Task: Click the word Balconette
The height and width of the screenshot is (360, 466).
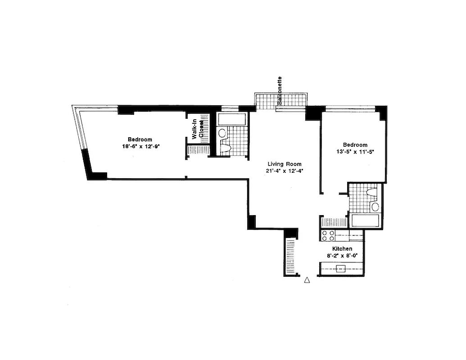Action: tap(280, 90)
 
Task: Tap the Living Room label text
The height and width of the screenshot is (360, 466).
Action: tap(284, 164)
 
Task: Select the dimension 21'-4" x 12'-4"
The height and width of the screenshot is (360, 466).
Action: tap(284, 171)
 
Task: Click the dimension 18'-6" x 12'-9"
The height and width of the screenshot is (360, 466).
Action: tap(139, 146)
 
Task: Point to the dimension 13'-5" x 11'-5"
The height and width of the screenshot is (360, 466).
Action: tap(355, 152)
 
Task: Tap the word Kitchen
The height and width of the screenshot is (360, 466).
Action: tap(342, 249)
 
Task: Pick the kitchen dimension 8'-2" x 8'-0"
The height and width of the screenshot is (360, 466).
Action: tap(342, 256)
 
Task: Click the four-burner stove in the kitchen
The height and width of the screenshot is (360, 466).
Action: tap(328, 236)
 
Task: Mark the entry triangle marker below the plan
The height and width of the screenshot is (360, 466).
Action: tap(307, 280)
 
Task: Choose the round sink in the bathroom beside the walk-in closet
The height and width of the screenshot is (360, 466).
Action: tap(222, 133)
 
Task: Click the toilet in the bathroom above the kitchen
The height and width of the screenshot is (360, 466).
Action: tap(371, 193)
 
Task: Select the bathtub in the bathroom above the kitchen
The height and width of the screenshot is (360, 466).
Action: tap(365, 220)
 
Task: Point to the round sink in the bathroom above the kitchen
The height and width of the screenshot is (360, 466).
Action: tap(375, 207)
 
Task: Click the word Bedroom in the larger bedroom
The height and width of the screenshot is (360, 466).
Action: tap(139, 139)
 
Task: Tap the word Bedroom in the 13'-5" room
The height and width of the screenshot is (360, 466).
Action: tap(355, 144)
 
